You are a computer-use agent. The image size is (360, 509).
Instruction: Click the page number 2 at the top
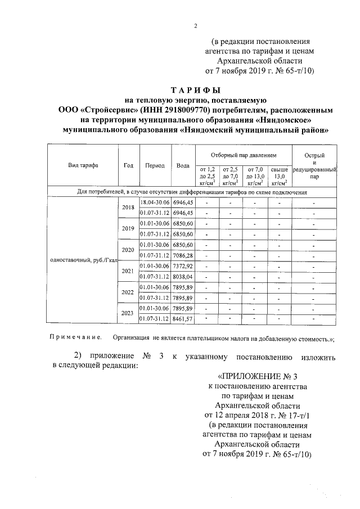(195, 25)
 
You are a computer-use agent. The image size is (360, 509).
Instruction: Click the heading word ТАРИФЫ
(195, 90)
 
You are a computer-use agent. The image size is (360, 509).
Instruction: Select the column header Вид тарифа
(83, 166)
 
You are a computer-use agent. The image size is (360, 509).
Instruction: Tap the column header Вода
(182, 166)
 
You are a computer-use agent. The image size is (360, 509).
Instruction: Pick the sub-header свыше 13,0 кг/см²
(279, 175)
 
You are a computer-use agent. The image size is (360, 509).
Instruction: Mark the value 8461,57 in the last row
(183, 319)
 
